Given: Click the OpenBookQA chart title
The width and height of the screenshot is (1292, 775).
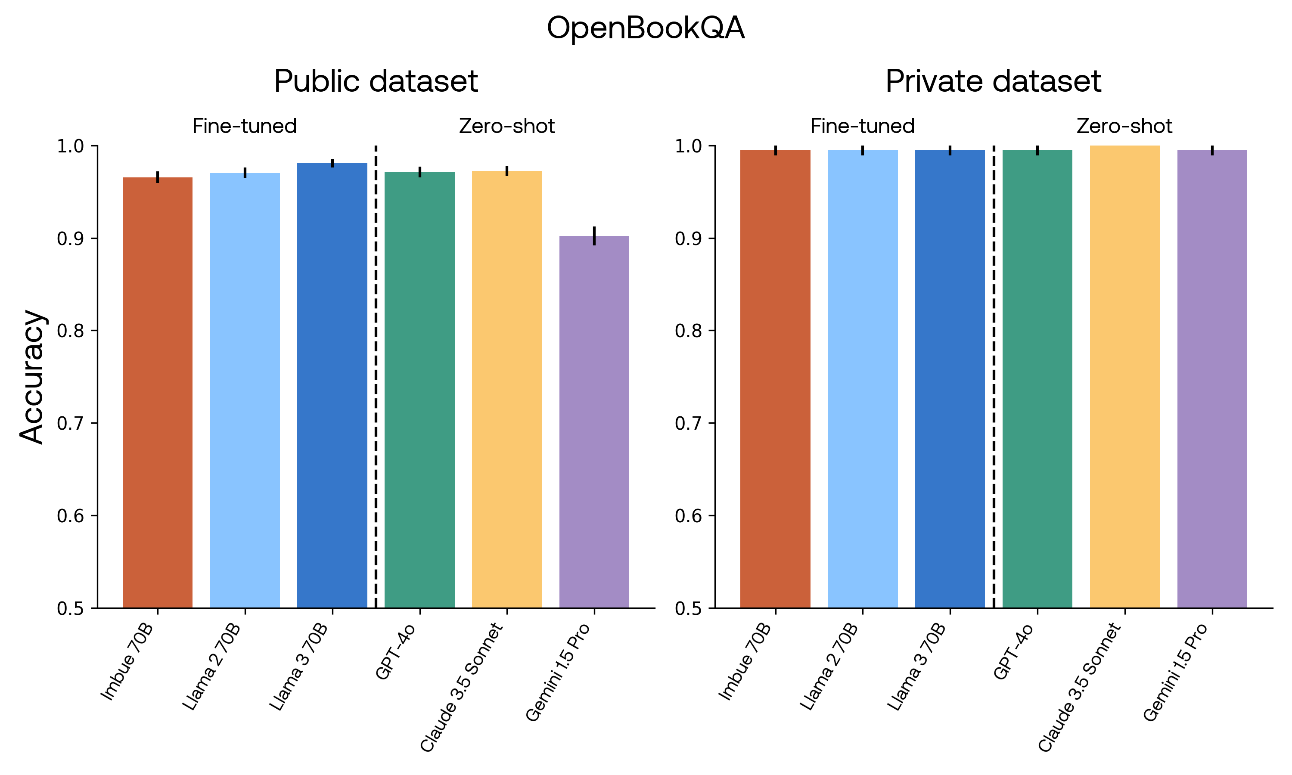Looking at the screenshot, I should [x=646, y=28].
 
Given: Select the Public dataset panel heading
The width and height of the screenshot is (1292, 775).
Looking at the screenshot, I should [x=376, y=81].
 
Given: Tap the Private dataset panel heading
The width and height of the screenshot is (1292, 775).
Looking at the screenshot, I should [x=993, y=81].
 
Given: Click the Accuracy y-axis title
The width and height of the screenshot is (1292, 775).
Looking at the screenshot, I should [x=32, y=377].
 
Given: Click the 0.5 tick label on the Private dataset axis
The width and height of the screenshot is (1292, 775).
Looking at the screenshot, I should [x=688, y=609].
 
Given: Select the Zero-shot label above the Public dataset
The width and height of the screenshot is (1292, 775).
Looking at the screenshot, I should [x=506, y=127].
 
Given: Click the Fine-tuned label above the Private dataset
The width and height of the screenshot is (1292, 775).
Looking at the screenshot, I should [x=862, y=127].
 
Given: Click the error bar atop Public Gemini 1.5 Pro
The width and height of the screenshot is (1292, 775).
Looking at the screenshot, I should [x=594, y=236].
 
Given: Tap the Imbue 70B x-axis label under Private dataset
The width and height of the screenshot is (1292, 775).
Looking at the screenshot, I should [x=745, y=662].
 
